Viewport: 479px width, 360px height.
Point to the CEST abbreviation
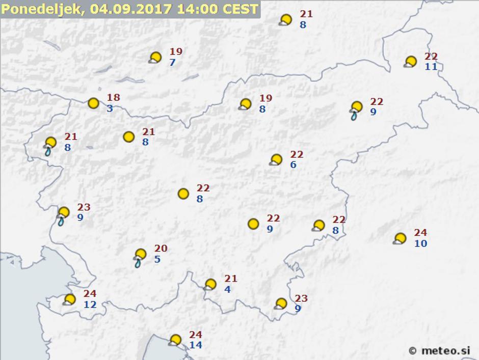(239, 10)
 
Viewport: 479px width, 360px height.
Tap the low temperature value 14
(196, 345)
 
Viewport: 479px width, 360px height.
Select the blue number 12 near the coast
(90, 304)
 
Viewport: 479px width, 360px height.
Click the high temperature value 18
(114, 98)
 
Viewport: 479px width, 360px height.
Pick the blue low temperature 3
(110, 108)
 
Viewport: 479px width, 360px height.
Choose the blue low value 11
(431, 67)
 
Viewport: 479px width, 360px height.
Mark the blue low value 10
(420, 243)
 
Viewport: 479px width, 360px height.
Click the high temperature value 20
(161, 248)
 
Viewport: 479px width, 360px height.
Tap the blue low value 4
(227, 289)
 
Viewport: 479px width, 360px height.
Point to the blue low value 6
(294, 165)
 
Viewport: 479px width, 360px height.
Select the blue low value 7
(172, 63)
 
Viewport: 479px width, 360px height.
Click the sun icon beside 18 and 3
(93, 103)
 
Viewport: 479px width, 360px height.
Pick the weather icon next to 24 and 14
(175, 340)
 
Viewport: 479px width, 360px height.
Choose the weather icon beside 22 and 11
(410, 62)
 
